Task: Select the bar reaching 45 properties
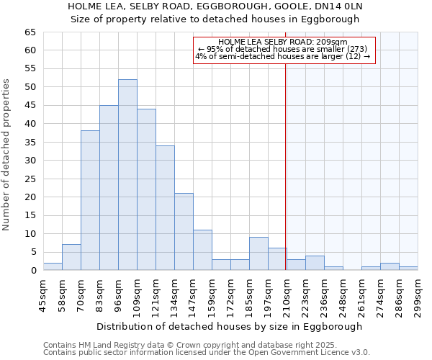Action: pyautogui.click(x=109, y=188)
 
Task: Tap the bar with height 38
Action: pyautogui.click(x=90, y=201)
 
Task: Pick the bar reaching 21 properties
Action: pyautogui.click(x=184, y=232)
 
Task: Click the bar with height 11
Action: pyautogui.click(x=202, y=251)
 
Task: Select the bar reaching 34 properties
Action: pyautogui.click(x=165, y=208)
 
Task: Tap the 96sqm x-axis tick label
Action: pyautogui.click(x=118, y=294)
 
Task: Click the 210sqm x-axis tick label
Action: pyautogui.click(x=287, y=294)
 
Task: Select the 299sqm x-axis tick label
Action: pyautogui.click(x=418, y=294)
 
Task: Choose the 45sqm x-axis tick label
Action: pyautogui.click(x=43, y=294)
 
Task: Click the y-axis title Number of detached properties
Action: pyautogui.click(x=7, y=155)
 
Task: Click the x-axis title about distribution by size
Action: pyautogui.click(x=229, y=326)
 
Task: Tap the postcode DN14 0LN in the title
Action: pyautogui.click(x=338, y=6)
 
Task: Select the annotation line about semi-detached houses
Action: pyautogui.click(x=283, y=56)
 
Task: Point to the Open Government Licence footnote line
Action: pyautogui.click(x=207, y=353)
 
